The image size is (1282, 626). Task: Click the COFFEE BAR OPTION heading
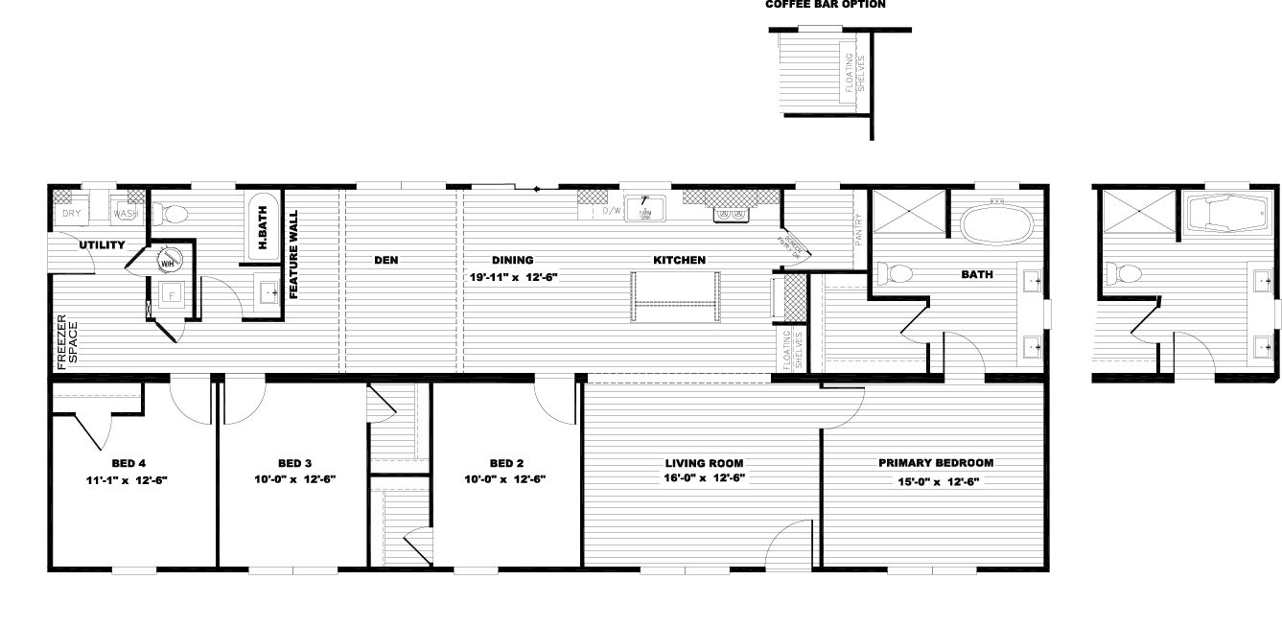825,5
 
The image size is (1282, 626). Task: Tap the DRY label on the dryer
72,214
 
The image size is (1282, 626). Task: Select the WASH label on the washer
126,214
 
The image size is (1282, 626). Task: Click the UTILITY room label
102,245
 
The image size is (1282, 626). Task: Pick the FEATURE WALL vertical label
294,255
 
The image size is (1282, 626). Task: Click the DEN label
385,260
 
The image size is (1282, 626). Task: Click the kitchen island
675,297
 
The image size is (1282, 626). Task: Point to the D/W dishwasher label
612,211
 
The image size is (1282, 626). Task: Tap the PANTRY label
860,231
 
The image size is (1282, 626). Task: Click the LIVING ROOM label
704,462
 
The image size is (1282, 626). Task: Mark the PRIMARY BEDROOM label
936,462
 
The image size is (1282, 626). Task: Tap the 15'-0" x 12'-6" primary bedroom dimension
936,481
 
